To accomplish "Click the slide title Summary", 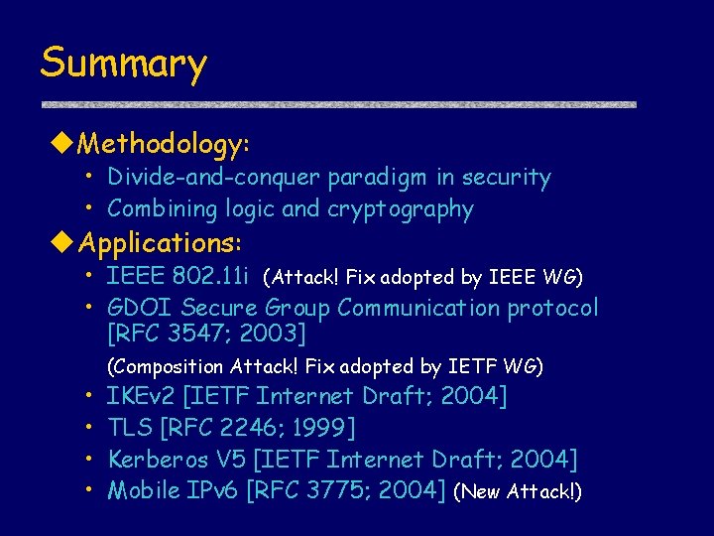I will pos(123,64).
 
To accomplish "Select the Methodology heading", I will pos(164,145).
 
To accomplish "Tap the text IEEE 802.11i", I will pos(178,275).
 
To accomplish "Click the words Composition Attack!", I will pos(204,367).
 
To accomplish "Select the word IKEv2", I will pos(141,397).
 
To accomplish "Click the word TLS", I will pos(130,428).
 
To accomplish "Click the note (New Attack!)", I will pos(517,491).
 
